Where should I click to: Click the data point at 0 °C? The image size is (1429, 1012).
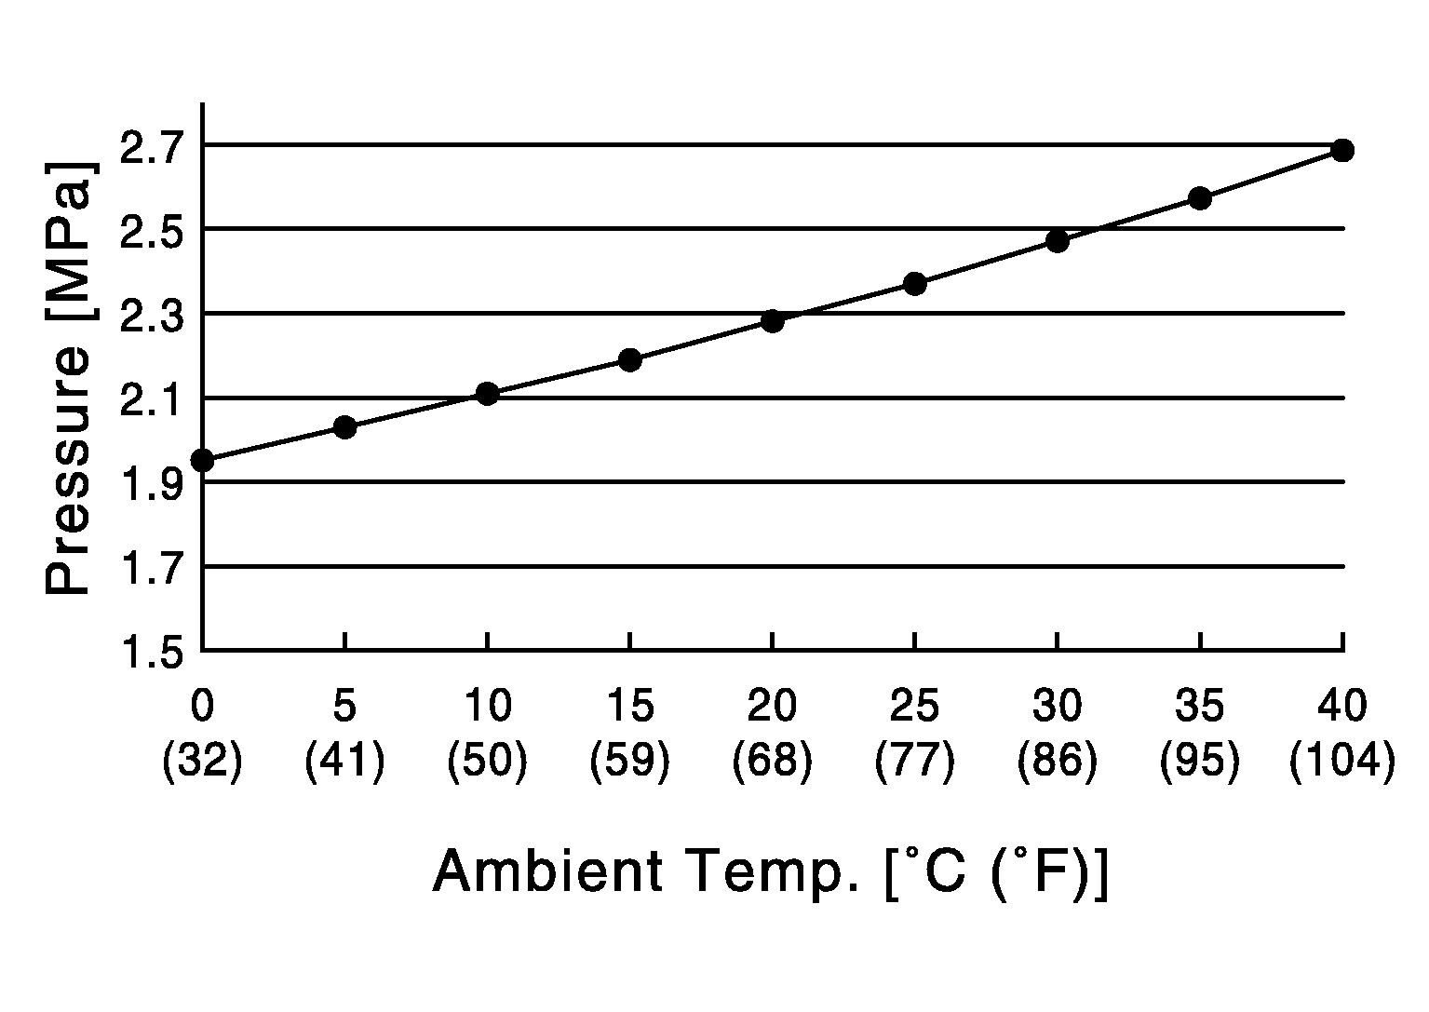click(x=202, y=460)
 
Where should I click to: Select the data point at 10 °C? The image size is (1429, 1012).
click(x=487, y=394)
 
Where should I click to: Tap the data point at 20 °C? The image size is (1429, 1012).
click(x=772, y=321)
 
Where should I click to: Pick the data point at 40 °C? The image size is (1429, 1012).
click(x=1341, y=150)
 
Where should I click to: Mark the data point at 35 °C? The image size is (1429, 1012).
click(x=1200, y=198)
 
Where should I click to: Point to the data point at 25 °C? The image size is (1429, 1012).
click(x=915, y=284)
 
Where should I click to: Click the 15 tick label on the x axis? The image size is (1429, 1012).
click(x=630, y=707)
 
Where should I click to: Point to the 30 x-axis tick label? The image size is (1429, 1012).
click(x=1057, y=707)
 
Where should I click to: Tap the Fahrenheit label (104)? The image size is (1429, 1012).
click(x=1341, y=762)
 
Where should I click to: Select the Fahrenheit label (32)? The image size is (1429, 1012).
click(x=202, y=762)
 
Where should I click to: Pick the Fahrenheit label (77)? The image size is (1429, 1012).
click(x=915, y=762)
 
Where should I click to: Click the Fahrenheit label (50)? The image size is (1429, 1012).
click(x=487, y=762)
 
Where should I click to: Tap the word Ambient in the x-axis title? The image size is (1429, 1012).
click(x=548, y=871)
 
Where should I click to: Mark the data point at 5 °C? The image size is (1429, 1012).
click(x=344, y=427)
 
